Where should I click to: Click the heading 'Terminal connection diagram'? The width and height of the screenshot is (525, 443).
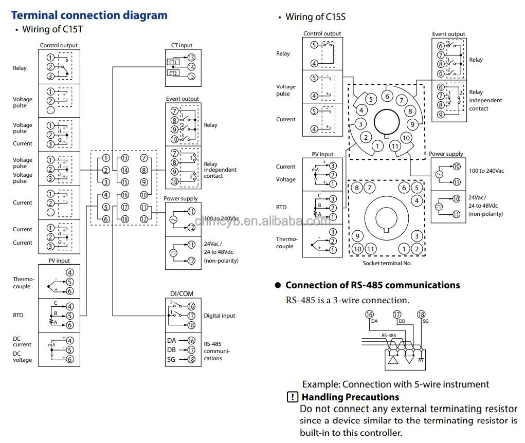(x=89, y=15)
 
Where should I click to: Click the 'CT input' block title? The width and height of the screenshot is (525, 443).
(x=182, y=46)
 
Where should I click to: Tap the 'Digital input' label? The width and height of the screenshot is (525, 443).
(x=220, y=316)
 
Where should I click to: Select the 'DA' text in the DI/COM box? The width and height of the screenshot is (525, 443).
(x=171, y=340)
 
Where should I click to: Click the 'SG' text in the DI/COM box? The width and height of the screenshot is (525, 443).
(x=171, y=359)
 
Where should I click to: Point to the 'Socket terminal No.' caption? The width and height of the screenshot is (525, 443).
(x=387, y=263)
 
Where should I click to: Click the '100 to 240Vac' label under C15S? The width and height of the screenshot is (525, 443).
(x=486, y=171)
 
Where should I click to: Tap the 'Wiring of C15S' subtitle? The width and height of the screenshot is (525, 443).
(x=315, y=17)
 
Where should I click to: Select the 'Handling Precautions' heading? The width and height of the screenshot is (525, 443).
(x=350, y=397)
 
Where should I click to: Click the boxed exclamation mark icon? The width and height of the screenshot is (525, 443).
(x=292, y=397)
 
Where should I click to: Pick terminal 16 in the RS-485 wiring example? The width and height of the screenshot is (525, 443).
(x=369, y=315)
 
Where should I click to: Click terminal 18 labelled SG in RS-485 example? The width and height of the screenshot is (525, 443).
(x=421, y=315)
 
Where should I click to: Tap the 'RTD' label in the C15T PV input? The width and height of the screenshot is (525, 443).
(x=18, y=315)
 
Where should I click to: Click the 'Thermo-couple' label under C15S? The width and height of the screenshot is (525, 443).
(x=286, y=243)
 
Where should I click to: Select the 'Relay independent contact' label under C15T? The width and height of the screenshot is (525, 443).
(x=220, y=170)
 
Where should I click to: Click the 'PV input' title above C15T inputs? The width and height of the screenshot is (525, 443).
(x=59, y=261)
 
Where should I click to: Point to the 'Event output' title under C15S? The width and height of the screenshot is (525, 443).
(x=448, y=34)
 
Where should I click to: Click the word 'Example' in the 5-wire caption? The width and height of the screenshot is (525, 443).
(x=320, y=384)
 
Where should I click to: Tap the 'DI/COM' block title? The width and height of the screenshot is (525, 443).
(x=182, y=293)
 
